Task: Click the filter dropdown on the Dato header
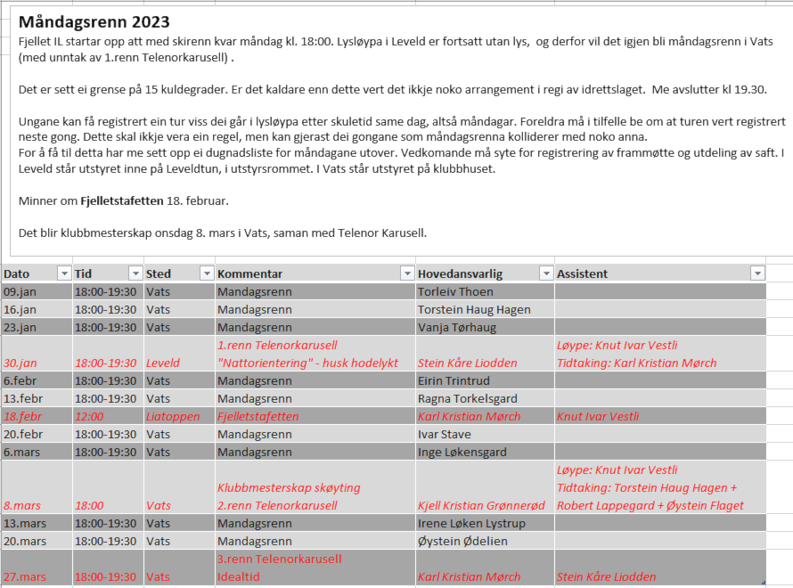[63, 274]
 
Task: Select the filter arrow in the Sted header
[207, 274]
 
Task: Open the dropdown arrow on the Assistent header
[757, 274]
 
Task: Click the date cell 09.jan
[20, 291]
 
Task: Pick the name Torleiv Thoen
[455, 291]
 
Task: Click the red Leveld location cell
[163, 363]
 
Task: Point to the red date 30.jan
[20, 363]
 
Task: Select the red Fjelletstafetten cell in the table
[258, 416]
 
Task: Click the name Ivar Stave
[444, 434]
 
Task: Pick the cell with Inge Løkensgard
[462, 452]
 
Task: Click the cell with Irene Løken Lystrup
[471, 523]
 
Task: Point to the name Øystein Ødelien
[461, 541]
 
